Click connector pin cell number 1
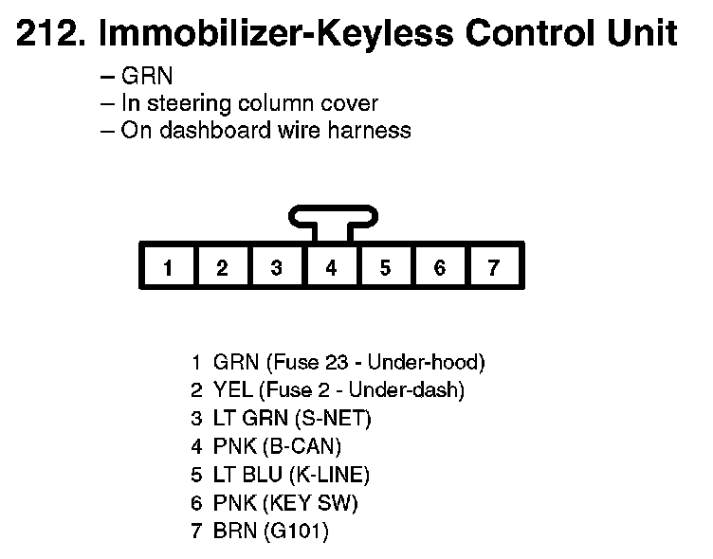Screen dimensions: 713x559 [x=167, y=268]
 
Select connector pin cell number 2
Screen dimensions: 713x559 [x=222, y=268]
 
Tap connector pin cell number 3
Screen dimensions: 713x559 [x=276, y=268]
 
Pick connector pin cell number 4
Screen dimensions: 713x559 [x=331, y=268]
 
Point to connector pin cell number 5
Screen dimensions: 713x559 [x=385, y=268]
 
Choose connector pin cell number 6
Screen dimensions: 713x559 [x=439, y=268]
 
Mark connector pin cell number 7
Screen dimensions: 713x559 [x=494, y=268]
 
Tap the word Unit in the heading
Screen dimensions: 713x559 [x=644, y=36]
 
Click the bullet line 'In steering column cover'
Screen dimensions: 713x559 [x=249, y=103]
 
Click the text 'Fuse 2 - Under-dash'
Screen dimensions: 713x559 [x=365, y=390]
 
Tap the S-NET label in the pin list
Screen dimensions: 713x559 [x=338, y=418]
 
